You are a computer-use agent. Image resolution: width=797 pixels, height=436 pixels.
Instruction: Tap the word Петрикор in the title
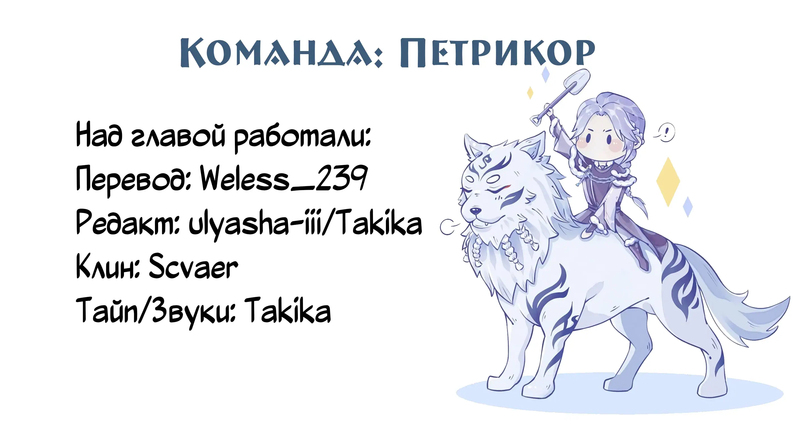coord(497,52)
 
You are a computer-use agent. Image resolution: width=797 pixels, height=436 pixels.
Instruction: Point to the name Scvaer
coord(194,266)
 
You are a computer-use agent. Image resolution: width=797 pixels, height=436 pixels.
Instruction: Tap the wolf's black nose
coord(475,211)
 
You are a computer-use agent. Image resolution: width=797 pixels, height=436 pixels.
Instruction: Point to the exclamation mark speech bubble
coord(665,133)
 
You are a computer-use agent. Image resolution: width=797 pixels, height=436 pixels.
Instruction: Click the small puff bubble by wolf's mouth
coord(447,227)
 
